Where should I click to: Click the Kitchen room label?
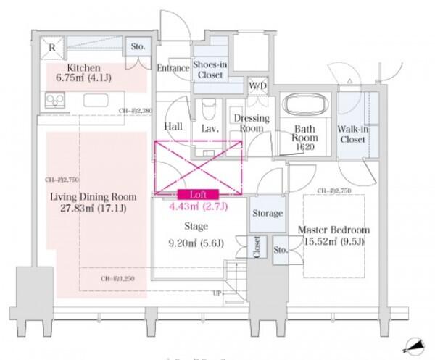(67, 64)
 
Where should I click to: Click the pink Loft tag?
(198, 194)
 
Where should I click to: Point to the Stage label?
(196, 226)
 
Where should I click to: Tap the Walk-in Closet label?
(352, 134)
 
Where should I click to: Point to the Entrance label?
(173, 67)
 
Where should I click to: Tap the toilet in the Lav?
(210, 110)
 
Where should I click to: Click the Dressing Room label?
(251, 123)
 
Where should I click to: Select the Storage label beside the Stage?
(268, 213)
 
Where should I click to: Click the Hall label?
(173, 127)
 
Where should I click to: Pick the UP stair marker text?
(216, 294)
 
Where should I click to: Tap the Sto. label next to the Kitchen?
(138, 47)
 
